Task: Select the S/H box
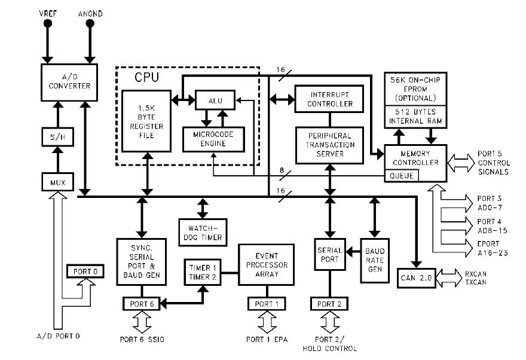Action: [x=56, y=137]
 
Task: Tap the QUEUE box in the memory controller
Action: [x=402, y=176]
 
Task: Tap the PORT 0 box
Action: [x=85, y=271]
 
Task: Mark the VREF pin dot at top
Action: [x=47, y=23]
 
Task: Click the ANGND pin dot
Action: [x=90, y=23]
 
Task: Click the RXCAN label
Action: [x=475, y=273]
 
